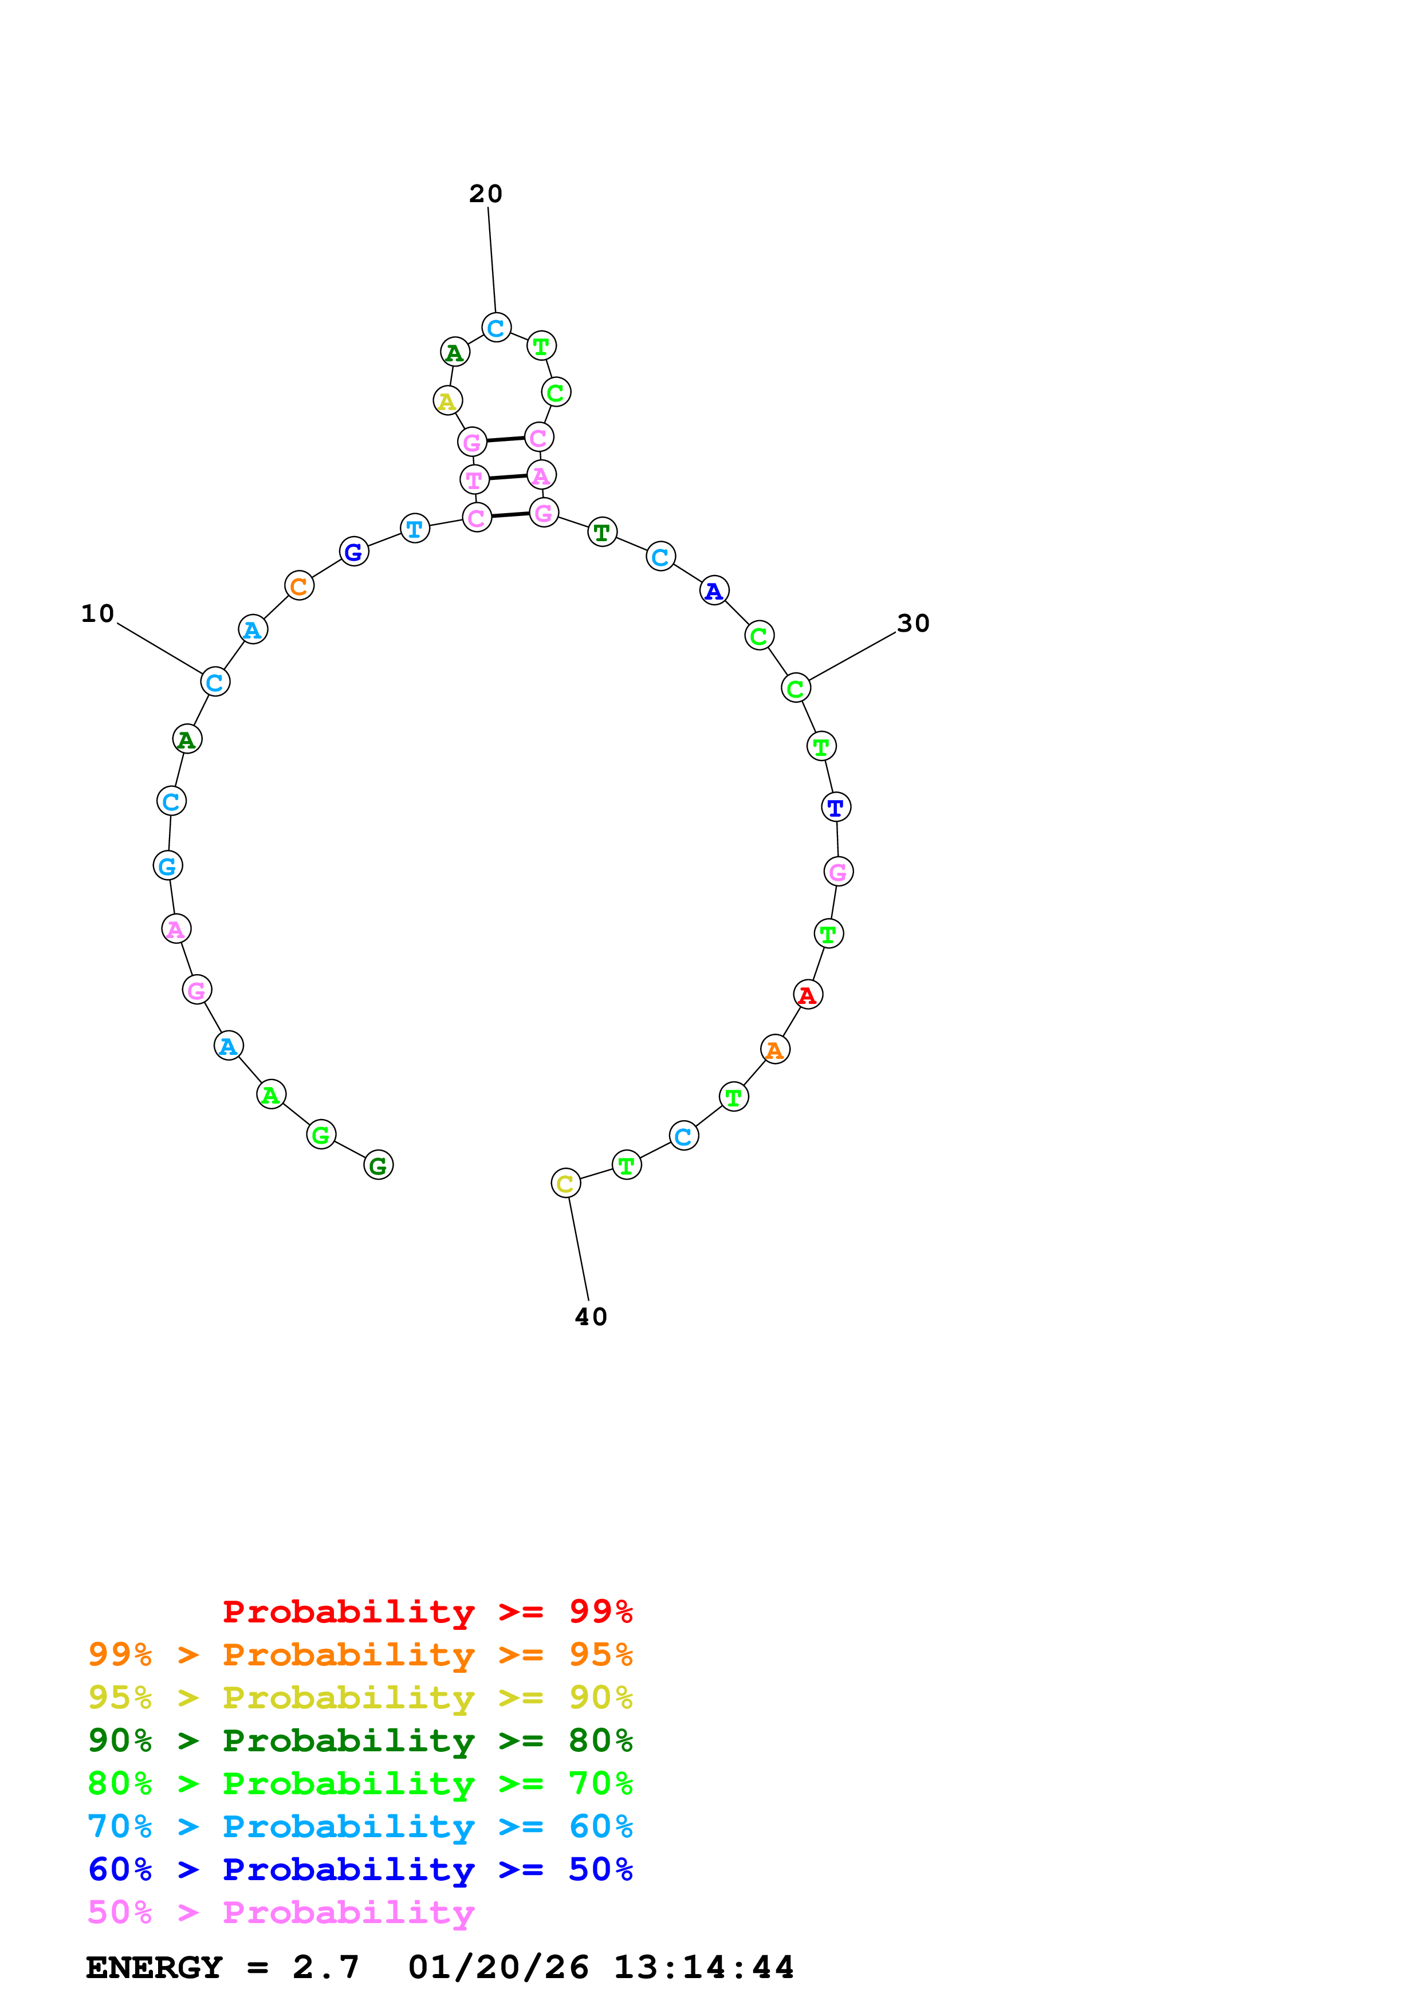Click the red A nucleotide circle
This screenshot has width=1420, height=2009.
(808, 995)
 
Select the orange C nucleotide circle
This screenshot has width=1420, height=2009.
(299, 586)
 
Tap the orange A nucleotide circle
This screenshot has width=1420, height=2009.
(775, 1049)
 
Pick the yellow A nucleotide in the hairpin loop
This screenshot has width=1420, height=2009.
(448, 401)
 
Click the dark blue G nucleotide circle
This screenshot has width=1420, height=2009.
(353, 552)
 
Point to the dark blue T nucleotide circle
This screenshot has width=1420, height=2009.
(836, 807)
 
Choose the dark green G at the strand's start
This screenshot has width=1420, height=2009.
(378, 1165)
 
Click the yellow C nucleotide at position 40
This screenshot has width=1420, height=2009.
(565, 1184)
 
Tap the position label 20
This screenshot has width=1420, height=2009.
(486, 194)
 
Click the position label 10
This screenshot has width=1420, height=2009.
(98, 614)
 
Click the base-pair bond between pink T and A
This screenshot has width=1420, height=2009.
(508, 478)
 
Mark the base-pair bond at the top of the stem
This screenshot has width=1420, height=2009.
(505, 439)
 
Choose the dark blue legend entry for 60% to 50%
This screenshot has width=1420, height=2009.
(360, 1870)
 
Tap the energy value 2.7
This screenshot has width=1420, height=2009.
(325, 1968)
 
